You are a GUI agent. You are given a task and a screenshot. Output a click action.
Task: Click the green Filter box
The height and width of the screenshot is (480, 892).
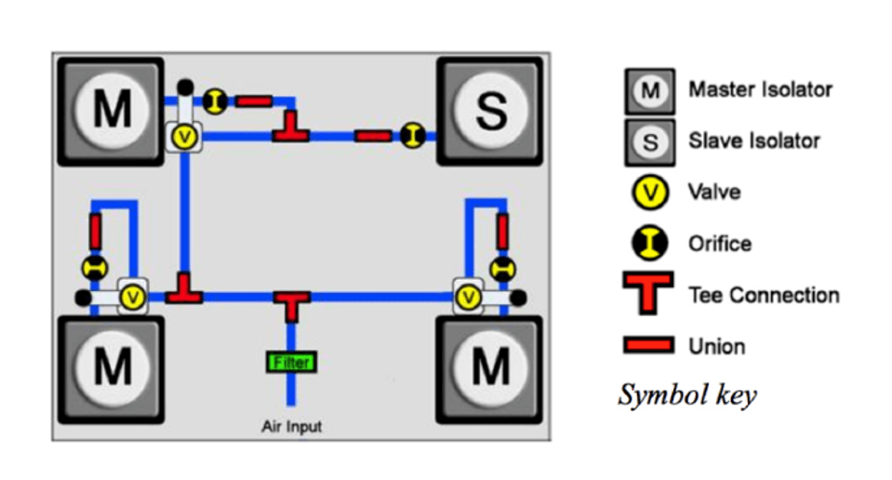(x=291, y=362)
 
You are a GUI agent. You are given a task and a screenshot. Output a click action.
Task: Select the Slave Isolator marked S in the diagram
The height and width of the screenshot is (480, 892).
(x=490, y=111)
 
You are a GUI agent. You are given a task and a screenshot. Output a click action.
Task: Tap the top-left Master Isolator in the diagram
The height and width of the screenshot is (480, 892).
(x=111, y=111)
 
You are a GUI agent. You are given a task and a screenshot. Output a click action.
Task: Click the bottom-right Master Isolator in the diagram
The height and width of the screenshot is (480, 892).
(x=489, y=369)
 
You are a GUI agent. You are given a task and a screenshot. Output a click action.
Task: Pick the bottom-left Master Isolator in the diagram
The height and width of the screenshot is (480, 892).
(x=111, y=369)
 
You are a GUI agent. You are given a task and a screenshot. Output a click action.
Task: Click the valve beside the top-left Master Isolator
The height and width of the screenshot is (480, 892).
(x=184, y=137)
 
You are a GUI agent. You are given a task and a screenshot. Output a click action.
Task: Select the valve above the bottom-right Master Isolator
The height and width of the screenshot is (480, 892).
(x=468, y=297)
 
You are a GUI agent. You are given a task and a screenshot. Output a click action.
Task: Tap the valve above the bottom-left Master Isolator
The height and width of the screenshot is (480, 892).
(x=133, y=297)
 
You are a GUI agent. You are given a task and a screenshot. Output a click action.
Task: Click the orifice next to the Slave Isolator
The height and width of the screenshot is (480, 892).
(x=412, y=136)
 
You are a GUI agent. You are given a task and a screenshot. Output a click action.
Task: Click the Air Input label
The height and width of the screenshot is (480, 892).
(x=292, y=427)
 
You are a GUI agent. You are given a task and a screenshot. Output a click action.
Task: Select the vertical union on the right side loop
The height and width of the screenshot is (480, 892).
(x=502, y=231)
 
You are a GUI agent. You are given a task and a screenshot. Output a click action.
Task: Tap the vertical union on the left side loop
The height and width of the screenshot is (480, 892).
(x=95, y=231)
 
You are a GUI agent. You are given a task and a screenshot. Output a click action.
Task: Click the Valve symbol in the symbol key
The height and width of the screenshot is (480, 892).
(x=649, y=193)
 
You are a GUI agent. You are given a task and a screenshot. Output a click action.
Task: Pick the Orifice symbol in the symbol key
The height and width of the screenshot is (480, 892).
(x=649, y=243)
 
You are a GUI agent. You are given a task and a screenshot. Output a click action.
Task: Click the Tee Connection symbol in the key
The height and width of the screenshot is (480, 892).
(x=648, y=293)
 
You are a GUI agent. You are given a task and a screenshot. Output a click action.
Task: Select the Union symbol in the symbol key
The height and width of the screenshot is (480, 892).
(x=649, y=345)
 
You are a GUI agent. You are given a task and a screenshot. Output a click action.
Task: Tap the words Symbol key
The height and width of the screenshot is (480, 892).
(x=687, y=395)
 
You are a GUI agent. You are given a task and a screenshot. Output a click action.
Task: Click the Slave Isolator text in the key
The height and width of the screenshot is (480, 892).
(x=754, y=140)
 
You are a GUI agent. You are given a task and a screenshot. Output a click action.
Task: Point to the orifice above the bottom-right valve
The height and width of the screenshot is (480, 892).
(x=502, y=269)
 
